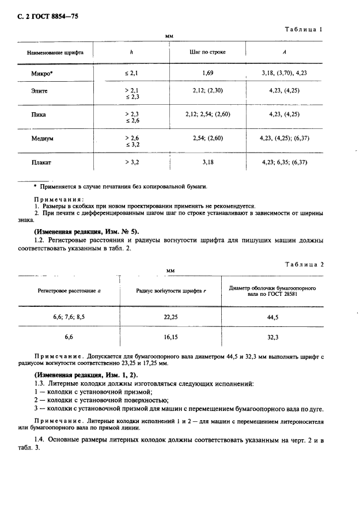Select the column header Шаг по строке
tap(207, 52)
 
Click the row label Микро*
tap(43, 74)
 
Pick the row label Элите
tap(40, 90)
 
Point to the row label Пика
tap(39, 115)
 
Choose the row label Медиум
tap(42, 139)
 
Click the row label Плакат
tap(41, 163)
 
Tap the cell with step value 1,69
tap(208, 74)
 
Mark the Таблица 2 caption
tap(305, 264)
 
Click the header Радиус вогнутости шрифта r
tap(171, 292)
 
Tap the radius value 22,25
tap(171, 317)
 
